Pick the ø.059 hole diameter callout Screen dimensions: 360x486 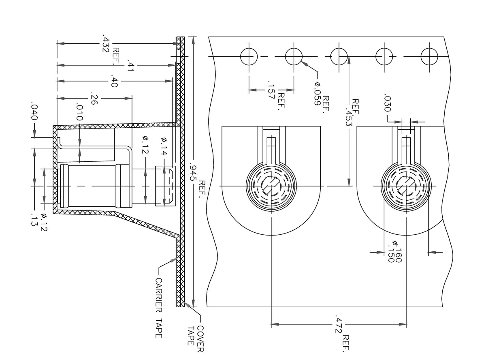click(317, 94)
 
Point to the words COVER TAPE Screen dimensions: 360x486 click(195, 336)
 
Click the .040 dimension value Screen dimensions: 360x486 click(34, 112)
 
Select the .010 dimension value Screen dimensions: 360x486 click(79, 112)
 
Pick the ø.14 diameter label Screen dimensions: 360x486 click(164, 146)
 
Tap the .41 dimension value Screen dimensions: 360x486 click(130, 65)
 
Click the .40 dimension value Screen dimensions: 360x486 click(114, 81)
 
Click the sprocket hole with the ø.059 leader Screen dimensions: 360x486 click(294, 56)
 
